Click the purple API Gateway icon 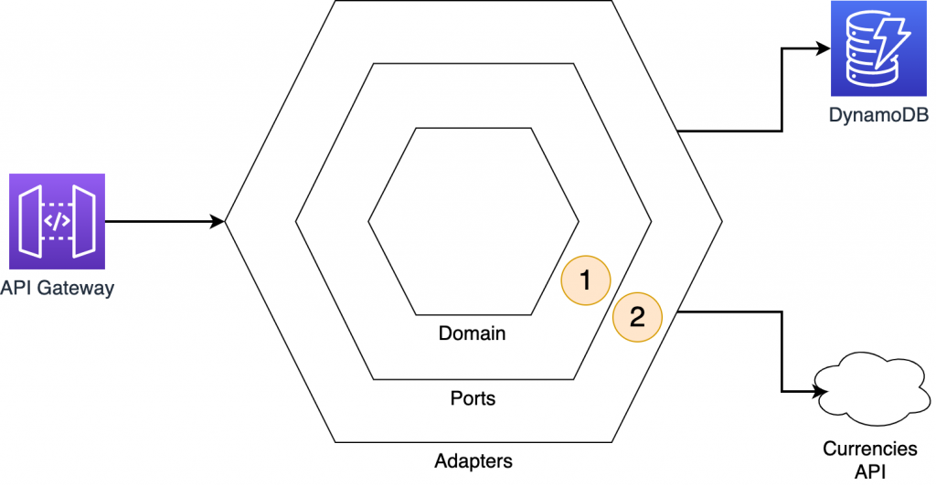pos(58,220)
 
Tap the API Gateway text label pos(58,289)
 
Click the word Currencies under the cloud pos(870,449)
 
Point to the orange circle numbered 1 pos(586,280)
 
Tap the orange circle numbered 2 pos(637,317)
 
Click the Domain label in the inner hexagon pos(473,333)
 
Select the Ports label pos(473,398)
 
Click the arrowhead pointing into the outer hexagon pos(218,221)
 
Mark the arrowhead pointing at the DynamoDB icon pos(823,50)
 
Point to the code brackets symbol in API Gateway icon pos(58,220)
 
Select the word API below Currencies pos(870,471)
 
